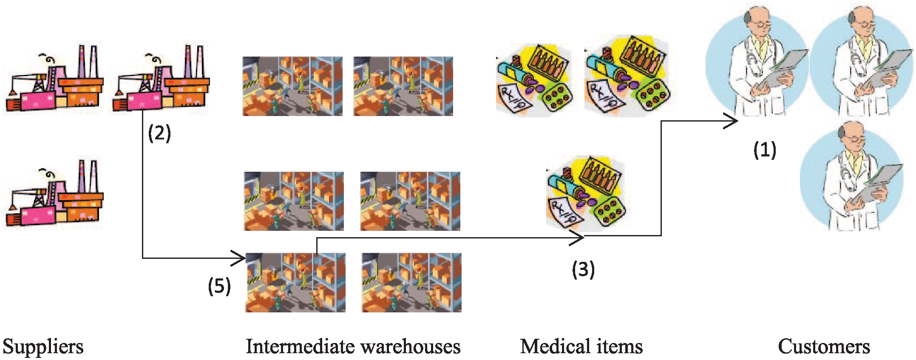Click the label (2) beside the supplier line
[x=159, y=133]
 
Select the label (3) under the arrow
[x=583, y=269]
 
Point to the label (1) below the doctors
[x=765, y=150]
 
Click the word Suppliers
[x=43, y=347]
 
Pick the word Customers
[x=824, y=346]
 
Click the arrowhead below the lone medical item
[x=577, y=238]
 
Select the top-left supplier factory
[x=54, y=78]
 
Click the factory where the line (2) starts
[x=161, y=78]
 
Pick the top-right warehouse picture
[x=403, y=86]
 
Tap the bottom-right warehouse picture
[x=411, y=283]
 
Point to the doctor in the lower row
[x=852, y=176]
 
